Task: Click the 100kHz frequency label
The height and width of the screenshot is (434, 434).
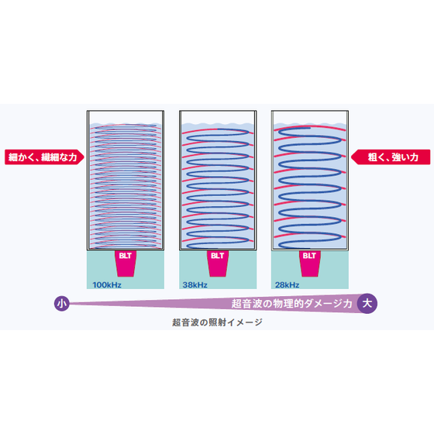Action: pyautogui.click(x=107, y=285)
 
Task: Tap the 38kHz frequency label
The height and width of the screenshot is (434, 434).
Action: pyautogui.click(x=195, y=285)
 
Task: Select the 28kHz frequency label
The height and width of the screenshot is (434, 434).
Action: pyautogui.click(x=287, y=285)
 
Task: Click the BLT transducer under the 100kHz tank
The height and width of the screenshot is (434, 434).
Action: pyautogui.click(x=126, y=263)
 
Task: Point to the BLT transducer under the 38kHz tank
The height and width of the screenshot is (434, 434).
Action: pyautogui.click(x=218, y=263)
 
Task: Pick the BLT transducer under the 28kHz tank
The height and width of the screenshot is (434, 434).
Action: pyautogui.click(x=310, y=263)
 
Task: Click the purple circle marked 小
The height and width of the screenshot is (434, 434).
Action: pyautogui.click(x=61, y=304)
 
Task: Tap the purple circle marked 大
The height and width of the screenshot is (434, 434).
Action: pyautogui.click(x=367, y=303)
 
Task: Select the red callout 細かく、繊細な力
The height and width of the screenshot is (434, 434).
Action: pyautogui.click(x=44, y=157)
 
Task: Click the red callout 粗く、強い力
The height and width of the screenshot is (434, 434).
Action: pyautogui.click(x=391, y=157)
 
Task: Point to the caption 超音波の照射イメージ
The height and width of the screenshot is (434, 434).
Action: pyautogui.click(x=217, y=322)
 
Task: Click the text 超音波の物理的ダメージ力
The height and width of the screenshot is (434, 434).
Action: pyautogui.click(x=291, y=304)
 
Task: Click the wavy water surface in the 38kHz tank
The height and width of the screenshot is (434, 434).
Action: pyautogui.click(x=218, y=124)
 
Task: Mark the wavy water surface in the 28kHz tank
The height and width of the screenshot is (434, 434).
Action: pyautogui.click(x=310, y=124)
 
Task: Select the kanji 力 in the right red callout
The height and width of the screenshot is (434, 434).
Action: pyautogui.click(x=414, y=157)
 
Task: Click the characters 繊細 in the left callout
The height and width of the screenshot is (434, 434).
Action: pyautogui.click(x=50, y=157)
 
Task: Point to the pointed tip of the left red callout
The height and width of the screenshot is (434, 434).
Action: pyautogui.click(x=84, y=157)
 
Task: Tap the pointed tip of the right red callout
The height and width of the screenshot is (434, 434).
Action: pyautogui.click(x=351, y=157)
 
